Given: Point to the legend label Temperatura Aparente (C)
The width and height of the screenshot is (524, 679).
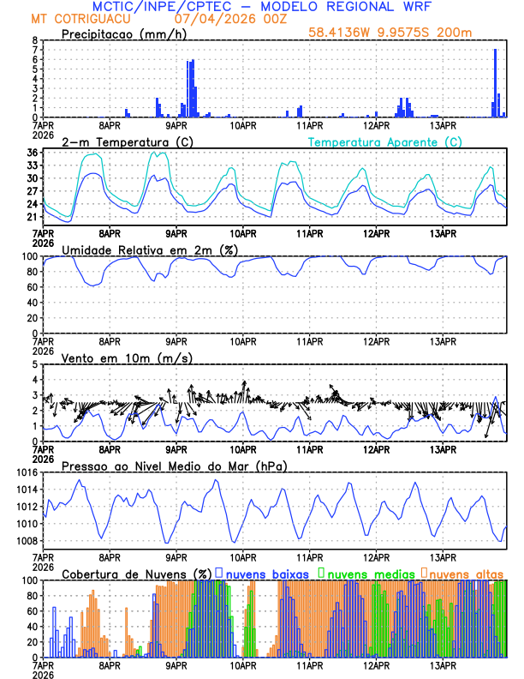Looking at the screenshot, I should click(385, 141).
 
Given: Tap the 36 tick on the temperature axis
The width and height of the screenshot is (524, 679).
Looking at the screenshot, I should click(32, 153).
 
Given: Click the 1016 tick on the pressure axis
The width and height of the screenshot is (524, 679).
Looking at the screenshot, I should click(25, 472).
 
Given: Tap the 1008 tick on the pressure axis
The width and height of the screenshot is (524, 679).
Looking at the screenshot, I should click(25, 541).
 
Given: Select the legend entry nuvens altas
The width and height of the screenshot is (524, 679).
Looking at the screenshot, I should click(466, 573).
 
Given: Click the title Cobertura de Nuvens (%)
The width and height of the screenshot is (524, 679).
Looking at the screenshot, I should click(136, 573).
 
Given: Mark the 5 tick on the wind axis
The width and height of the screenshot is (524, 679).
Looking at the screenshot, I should click(34, 364).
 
